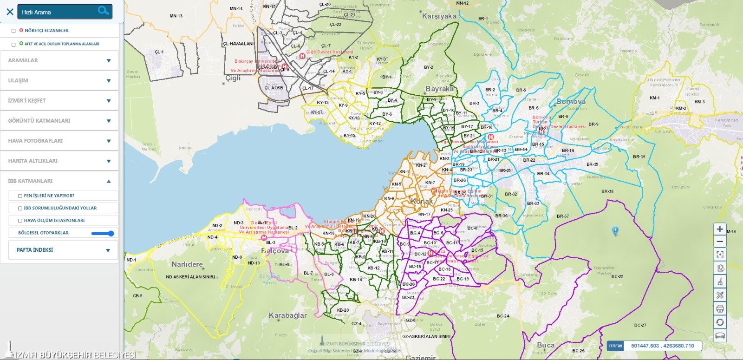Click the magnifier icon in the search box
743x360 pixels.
(x=103, y=11)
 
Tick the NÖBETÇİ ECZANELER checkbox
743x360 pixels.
(x=13, y=31)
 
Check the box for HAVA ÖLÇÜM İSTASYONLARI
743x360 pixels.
(x=20, y=221)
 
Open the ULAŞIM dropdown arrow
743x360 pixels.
(x=109, y=81)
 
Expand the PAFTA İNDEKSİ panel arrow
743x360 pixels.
(x=108, y=250)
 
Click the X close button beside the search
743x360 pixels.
(x=10, y=12)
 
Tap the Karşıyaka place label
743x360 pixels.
(x=439, y=16)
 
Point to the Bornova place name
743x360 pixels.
(x=571, y=101)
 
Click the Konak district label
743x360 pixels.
(x=422, y=201)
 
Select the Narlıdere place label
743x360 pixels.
(x=187, y=264)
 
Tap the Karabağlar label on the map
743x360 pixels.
(x=287, y=315)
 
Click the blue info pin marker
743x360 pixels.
(x=615, y=230)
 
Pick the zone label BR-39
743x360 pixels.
(x=639, y=157)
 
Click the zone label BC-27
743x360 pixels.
(x=640, y=325)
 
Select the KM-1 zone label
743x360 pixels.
(x=654, y=98)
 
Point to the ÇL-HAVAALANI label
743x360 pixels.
(x=238, y=44)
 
